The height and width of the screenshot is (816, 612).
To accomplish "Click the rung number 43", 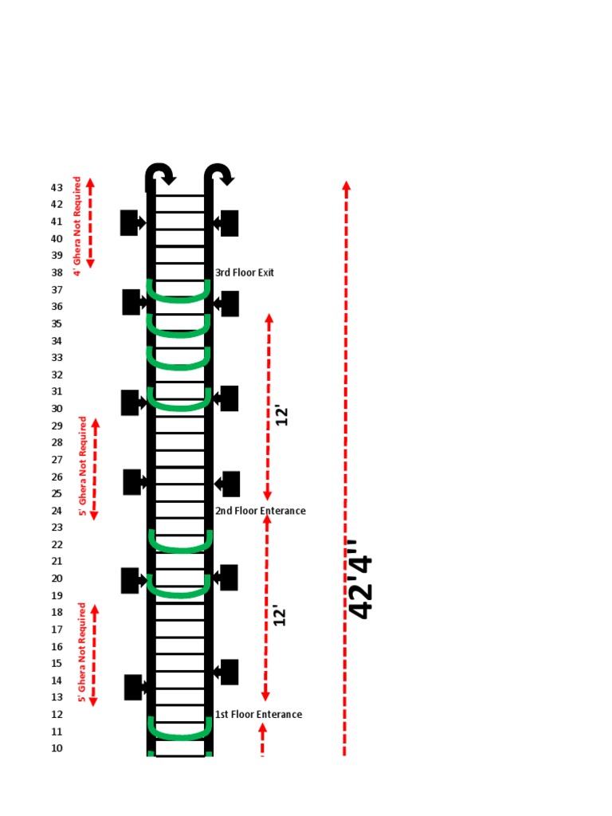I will (x=57, y=187).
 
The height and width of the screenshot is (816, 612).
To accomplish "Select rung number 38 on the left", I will (x=57, y=273).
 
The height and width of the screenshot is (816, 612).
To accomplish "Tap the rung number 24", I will (x=57, y=511).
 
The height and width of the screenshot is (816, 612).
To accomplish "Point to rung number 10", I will (x=57, y=748).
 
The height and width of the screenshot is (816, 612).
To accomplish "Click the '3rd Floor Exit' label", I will (x=245, y=273).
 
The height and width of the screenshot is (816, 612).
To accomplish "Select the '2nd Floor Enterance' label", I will (x=261, y=511).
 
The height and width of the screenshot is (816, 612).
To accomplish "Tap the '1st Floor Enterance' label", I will (x=259, y=715).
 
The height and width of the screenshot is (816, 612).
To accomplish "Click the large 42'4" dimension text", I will (x=361, y=579).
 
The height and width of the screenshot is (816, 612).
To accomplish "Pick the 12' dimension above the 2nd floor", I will (x=281, y=416).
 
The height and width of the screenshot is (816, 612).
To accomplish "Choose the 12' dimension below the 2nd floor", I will (x=280, y=616).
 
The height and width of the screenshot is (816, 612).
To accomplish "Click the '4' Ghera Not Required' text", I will (x=77, y=226).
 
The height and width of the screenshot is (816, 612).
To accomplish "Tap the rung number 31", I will (x=57, y=391).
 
